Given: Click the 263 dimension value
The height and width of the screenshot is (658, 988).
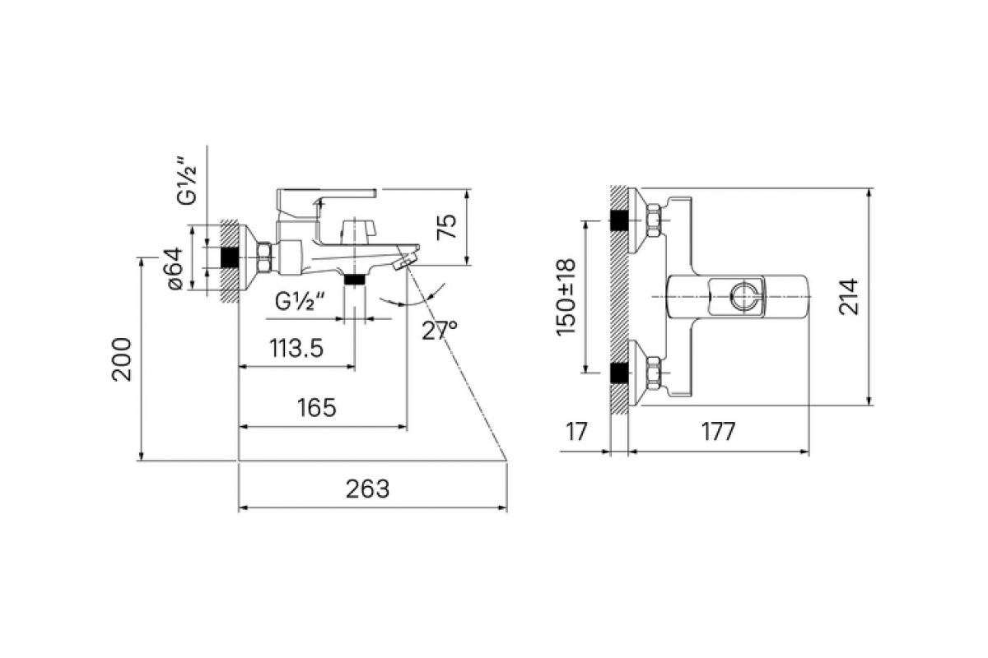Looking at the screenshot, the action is tap(367, 489).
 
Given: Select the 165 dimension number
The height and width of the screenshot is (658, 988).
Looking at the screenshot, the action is tap(317, 408).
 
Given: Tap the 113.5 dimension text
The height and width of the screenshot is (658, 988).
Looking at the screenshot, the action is tap(296, 348).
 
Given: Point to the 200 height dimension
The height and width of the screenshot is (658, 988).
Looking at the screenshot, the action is tap(122, 359).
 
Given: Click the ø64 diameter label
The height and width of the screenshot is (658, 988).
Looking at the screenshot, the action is tap(175, 268).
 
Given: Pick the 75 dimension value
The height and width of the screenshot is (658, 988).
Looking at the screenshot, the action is tap(447, 226).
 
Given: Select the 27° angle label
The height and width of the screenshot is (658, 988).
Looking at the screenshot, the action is tap(440, 331).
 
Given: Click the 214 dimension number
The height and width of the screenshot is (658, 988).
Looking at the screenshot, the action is tap(849, 297).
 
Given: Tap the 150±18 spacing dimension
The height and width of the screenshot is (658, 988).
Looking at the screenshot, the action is tap(566, 297).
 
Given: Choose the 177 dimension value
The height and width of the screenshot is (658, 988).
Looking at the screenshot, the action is tap(719, 432).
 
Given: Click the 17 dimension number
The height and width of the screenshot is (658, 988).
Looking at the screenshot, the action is tap(577, 432).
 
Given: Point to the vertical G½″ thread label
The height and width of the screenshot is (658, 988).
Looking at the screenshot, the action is tap(187, 186).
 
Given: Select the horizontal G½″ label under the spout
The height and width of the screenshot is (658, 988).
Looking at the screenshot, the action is tap(300, 302).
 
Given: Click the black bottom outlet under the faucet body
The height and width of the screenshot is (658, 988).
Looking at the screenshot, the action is tap(355, 279).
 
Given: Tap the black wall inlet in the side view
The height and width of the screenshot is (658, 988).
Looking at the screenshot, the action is tap(230, 257).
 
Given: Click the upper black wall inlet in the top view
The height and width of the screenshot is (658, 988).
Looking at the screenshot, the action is tap(619, 220).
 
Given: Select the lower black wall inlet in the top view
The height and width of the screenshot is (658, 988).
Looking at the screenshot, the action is tap(619, 373).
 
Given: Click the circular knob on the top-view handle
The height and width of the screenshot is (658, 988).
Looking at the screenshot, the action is tap(744, 297).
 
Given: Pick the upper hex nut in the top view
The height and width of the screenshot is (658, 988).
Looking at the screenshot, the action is tap(653, 220).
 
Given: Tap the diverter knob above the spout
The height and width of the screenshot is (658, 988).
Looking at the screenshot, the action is tap(357, 229).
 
